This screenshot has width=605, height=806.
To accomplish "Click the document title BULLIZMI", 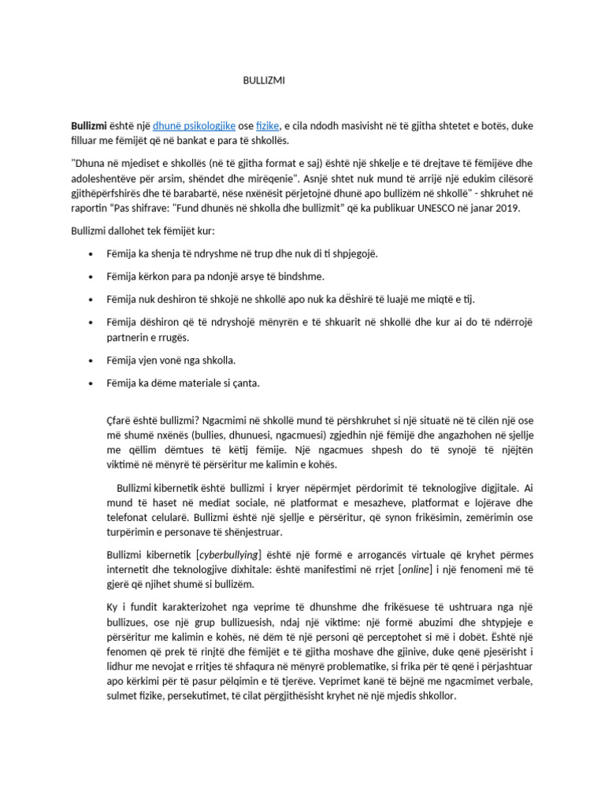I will pyautogui.click(x=264, y=80).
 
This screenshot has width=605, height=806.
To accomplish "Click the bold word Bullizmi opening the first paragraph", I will pyautogui.click(x=89, y=125).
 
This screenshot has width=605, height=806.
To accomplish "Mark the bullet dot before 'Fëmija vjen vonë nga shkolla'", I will pyautogui.click(x=93, y=360).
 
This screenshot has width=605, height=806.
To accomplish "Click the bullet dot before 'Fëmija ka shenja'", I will pyautogui.click(x=93, y=254).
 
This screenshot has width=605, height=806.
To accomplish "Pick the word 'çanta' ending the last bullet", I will pyautogui.click(x=243, y=383).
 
